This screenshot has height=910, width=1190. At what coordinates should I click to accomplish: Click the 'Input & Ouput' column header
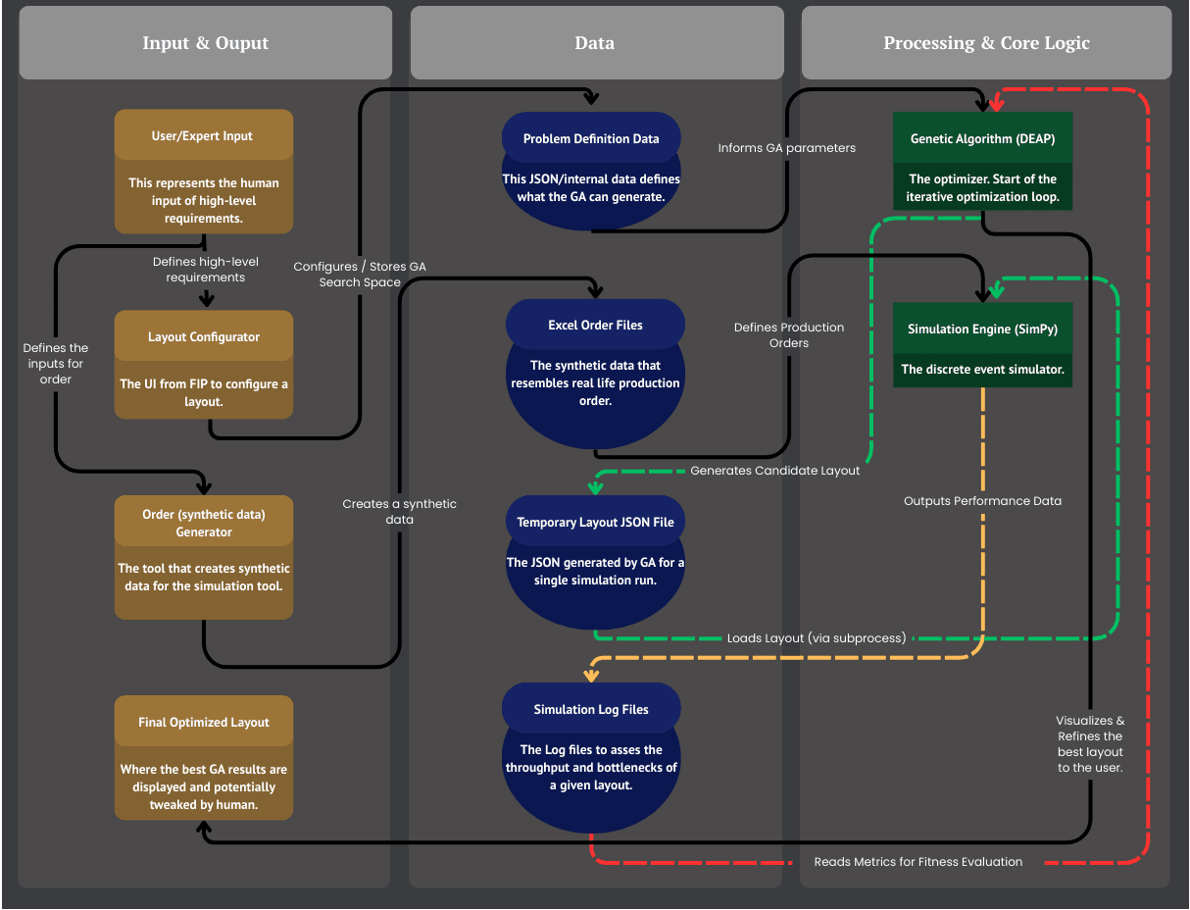tap(205, 43)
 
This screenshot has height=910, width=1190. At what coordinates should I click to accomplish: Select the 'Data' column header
tap(595, 43)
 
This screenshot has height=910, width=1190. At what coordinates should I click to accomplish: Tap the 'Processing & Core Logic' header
tap(986, 43)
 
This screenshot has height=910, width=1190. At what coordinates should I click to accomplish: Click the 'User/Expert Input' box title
tap(202, 136)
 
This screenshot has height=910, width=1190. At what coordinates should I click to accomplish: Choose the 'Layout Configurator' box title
tap(204, 336)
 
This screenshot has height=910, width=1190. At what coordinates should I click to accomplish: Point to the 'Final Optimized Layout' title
tap(204, 722)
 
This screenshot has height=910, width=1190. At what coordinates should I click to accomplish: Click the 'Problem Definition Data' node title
tap(591, 138)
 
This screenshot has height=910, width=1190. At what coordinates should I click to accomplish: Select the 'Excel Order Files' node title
tap(595, 325)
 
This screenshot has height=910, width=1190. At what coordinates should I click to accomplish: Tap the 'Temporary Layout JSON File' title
tap(595, 522)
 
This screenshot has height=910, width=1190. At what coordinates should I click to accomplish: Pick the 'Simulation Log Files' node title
tap(591, 709)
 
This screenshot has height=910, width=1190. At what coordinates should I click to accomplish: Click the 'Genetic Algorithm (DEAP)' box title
tap(982, 138)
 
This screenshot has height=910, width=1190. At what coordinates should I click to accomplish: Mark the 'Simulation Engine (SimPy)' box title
tap(982, 329)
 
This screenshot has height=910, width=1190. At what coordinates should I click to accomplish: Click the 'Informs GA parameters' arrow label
tap(786, 148)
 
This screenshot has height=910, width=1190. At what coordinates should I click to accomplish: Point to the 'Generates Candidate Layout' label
tap(774, 471)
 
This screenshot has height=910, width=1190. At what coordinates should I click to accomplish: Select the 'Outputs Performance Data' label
tap(982, 501)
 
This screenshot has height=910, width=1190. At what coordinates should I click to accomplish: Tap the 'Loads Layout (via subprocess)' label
tap(817, 638)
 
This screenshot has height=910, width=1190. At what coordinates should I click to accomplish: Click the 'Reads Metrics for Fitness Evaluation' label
tap(917, 862)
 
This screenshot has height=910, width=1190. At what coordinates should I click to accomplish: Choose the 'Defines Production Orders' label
tap(788, 335)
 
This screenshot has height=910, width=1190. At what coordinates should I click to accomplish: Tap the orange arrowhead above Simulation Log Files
tap(591, 675)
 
